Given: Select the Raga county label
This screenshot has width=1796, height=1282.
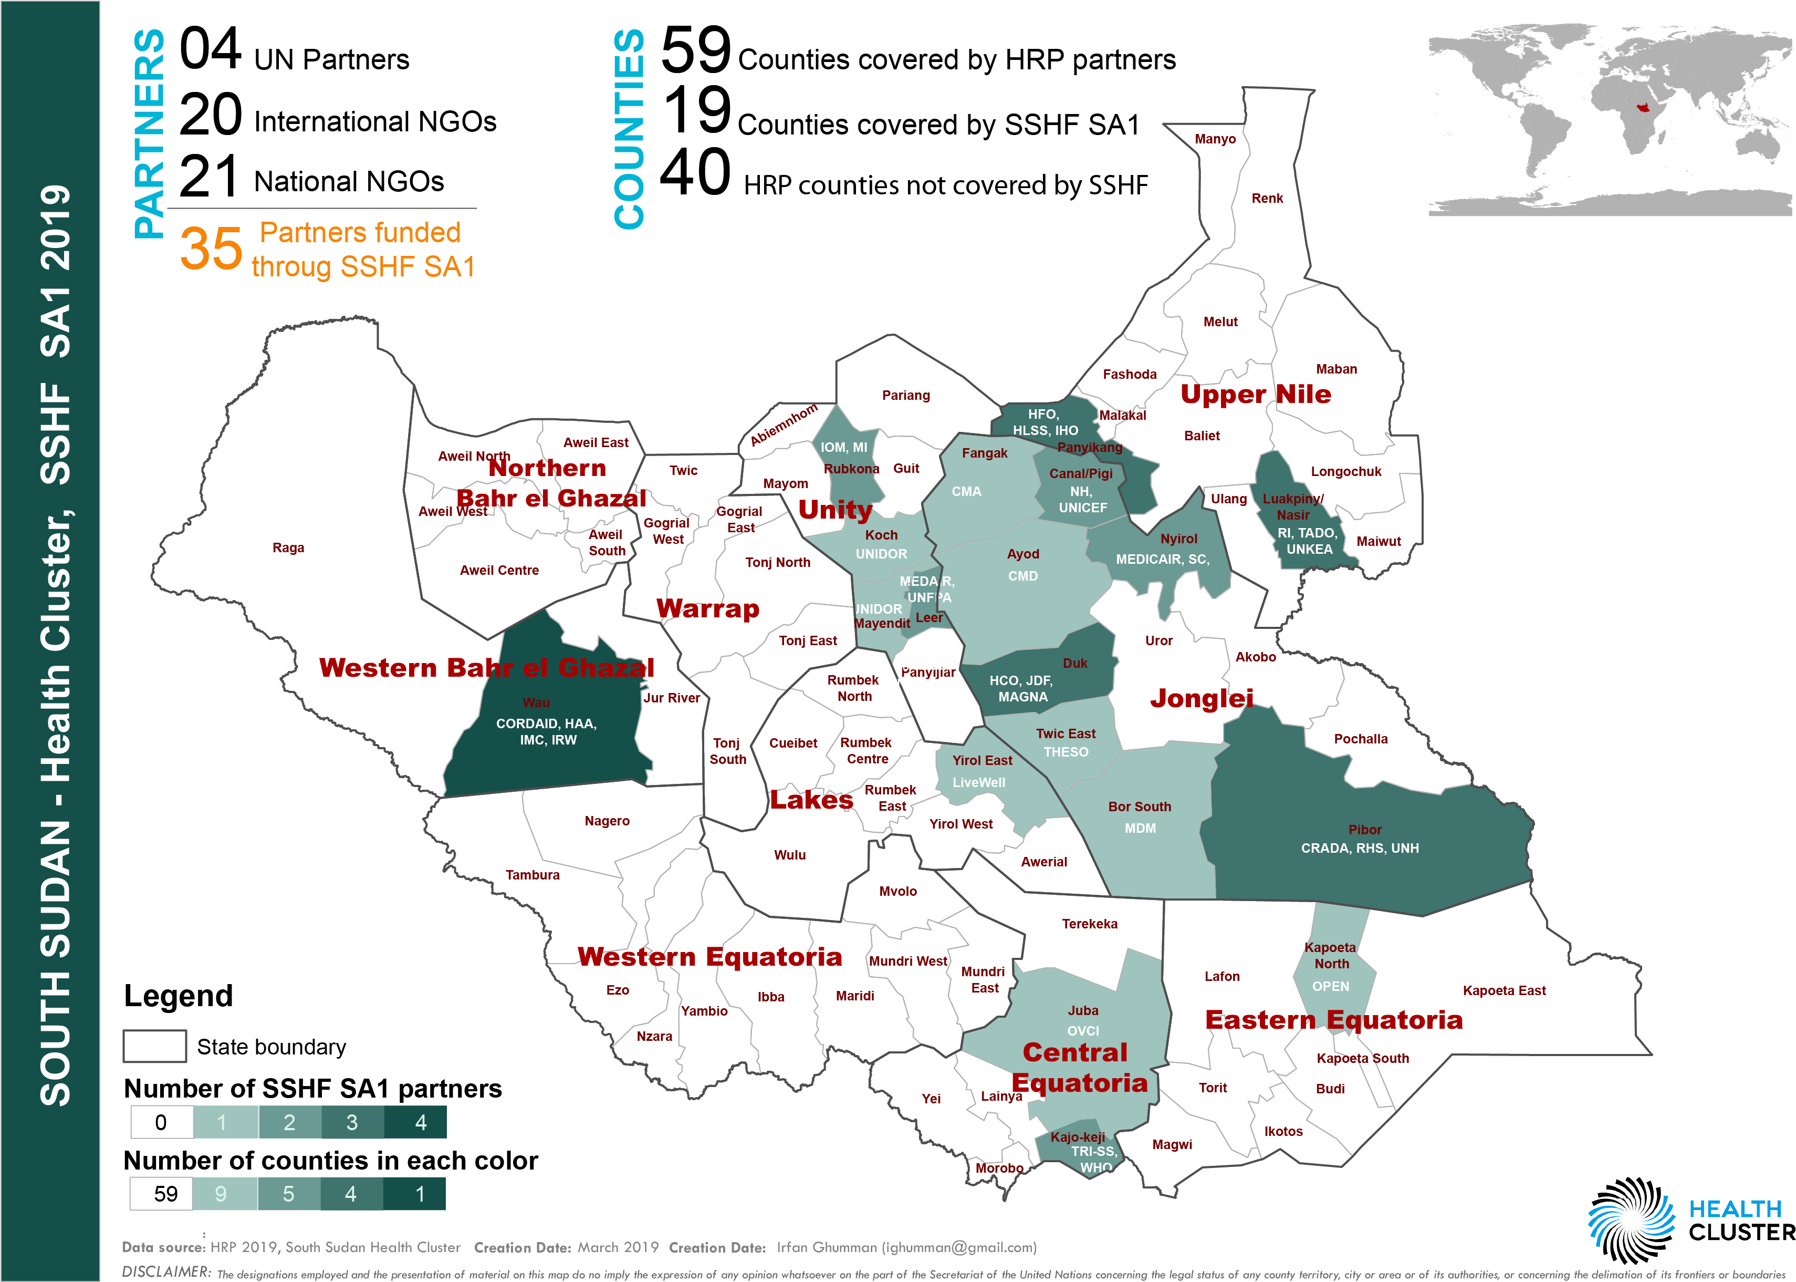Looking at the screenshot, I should [x=288, y=548].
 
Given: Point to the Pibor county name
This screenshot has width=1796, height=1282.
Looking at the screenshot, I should [x=1364, y=830].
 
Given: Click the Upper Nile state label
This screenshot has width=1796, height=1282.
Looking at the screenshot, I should [x=1256, y=394].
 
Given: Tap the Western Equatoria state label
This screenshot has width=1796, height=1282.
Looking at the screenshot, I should [x=709, y=957].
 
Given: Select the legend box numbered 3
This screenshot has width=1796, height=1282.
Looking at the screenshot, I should [x=352, y=1122].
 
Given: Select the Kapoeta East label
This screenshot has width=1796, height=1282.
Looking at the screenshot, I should [x=1504, y=991].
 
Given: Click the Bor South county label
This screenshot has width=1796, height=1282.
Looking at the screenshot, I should [x=1140, y=807].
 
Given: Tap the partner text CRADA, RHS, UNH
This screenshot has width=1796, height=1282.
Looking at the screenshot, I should [x=1360, y=849].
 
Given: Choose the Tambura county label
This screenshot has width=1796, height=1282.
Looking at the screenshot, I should [x=532, y=875].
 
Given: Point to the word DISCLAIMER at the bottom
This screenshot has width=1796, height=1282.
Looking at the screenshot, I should [x=166, y=1271].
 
